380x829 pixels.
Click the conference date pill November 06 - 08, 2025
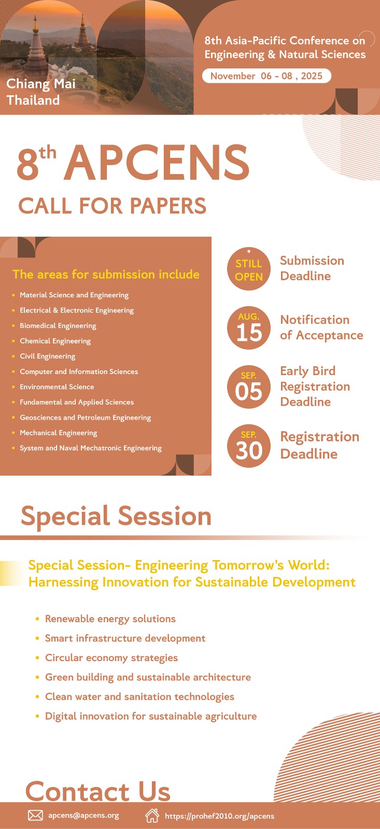click(x=266, y=76)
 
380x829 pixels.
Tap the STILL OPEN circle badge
click(x=248, y=269)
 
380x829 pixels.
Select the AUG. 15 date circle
click(x=248, y=328)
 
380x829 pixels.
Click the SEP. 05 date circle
click(x=248, y=387)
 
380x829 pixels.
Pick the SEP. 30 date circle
click(x=248, y=446)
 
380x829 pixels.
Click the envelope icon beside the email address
click(x=36, y=816)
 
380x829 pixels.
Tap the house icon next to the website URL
click(x=152, y=816)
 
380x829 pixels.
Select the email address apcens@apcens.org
click(x=83, y=816)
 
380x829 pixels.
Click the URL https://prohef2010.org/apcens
click(x=220, y=816)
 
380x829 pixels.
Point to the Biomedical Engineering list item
click(x=58, y=326)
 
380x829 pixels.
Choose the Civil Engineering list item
click(x=47, y=356)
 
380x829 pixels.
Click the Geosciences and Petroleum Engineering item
click(x=85, y=418)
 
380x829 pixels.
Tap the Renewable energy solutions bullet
click(x=110, y=619)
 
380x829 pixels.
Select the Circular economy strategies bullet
click(x=111, y=658)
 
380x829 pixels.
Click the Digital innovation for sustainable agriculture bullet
click(x=151, y=716)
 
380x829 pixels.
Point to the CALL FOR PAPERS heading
click(x=112, y=205)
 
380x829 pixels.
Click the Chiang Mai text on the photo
click(x=41, y=84)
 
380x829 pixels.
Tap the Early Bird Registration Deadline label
click(x=315, y=387)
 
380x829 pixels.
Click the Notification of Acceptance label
click(x=321, y=327)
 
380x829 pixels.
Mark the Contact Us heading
click(x=98, y=791)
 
